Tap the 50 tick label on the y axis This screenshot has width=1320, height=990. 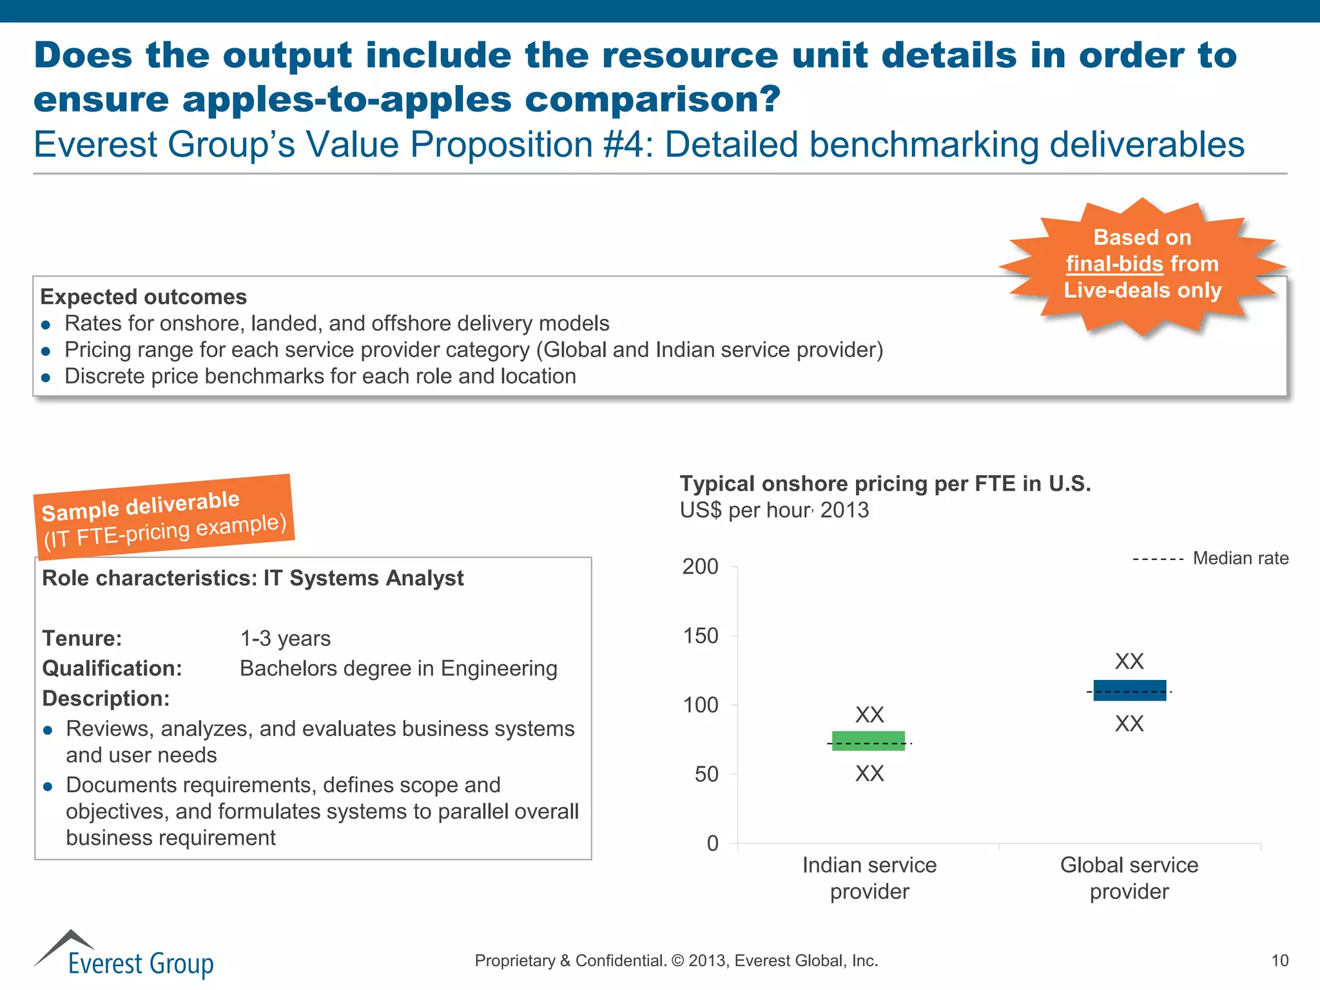[x=706, y=774]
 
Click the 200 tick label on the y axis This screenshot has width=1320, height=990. [x=700, y=567]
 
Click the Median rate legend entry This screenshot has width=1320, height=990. [x=1210, y=558]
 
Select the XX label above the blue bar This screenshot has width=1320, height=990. [x=1129, y=661]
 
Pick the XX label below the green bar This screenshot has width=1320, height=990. [x=869, y=773]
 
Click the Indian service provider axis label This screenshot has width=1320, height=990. [x=869, y=878]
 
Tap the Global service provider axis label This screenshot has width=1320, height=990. [x=1129, y=878]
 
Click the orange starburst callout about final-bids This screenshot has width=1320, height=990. [x=1142, y=264]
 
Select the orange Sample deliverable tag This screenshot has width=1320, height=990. [x=164, y=516]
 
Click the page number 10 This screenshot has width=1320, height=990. [x=1279, y=961]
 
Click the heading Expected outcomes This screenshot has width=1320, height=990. [x=143, y=297]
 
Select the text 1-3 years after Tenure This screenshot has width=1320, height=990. [x=285, y=639]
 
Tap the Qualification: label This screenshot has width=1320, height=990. [x=112, y=668]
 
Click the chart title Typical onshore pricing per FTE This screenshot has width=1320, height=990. [x=885, y=483]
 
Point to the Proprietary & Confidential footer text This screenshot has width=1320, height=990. [x=676, y=961]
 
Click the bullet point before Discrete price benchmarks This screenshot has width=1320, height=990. [x=46, y=378]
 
